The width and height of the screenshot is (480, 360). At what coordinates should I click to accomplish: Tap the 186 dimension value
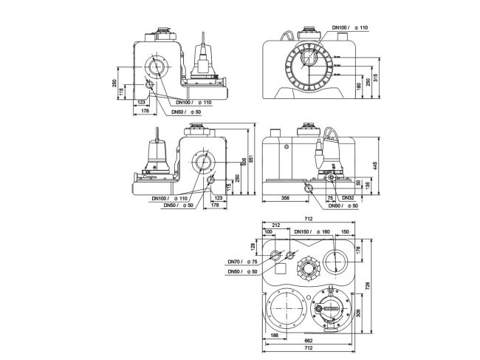pyautogui.click(x=274, y=336)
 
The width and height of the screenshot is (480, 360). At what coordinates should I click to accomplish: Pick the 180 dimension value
pyautogui.click(x=358, y=86)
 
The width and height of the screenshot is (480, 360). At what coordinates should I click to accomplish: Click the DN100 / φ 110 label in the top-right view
pyautogui.click(x=352, y=28)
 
